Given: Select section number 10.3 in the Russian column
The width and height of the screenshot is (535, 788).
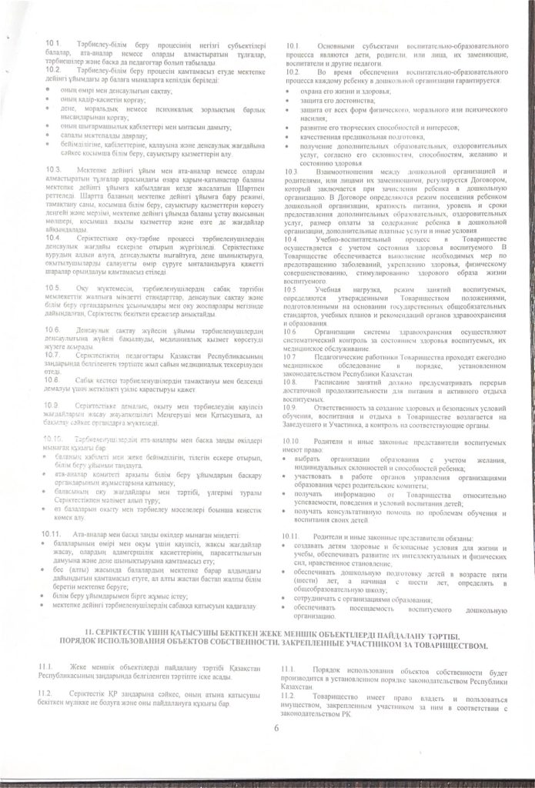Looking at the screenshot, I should pos(291,171).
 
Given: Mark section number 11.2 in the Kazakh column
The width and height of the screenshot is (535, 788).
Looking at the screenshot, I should pos(47,693).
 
